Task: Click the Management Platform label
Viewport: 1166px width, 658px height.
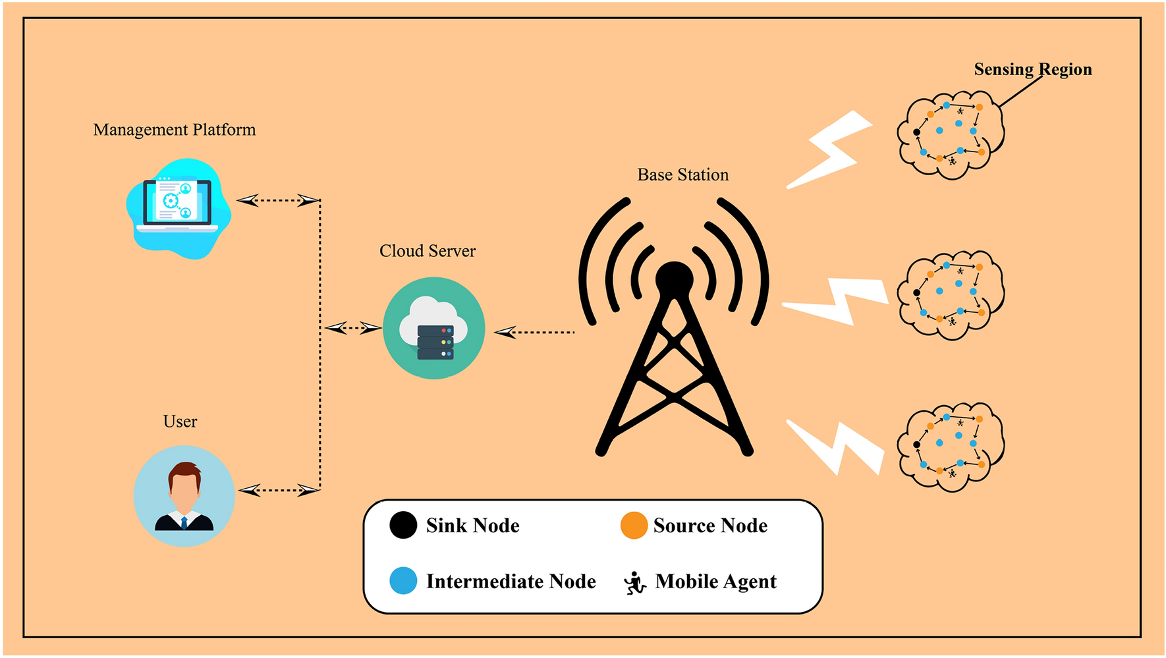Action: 175,130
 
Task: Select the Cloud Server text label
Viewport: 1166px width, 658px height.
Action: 427,251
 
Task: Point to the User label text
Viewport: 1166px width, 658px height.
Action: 180,422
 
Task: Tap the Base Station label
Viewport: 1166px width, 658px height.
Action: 682,175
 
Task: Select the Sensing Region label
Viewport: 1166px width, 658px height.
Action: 1032,69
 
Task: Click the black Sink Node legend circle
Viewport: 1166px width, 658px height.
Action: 403,525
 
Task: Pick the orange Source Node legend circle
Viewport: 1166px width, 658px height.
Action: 634,525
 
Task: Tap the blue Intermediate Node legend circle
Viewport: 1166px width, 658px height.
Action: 403,580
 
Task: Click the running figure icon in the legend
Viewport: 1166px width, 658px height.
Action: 634,583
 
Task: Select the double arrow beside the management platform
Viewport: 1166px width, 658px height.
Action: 277,200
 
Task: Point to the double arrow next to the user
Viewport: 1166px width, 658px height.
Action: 279,490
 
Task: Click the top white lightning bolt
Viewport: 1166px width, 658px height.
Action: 831,150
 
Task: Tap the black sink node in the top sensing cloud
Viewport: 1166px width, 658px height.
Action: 916,132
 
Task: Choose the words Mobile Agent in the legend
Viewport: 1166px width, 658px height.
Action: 715,582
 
